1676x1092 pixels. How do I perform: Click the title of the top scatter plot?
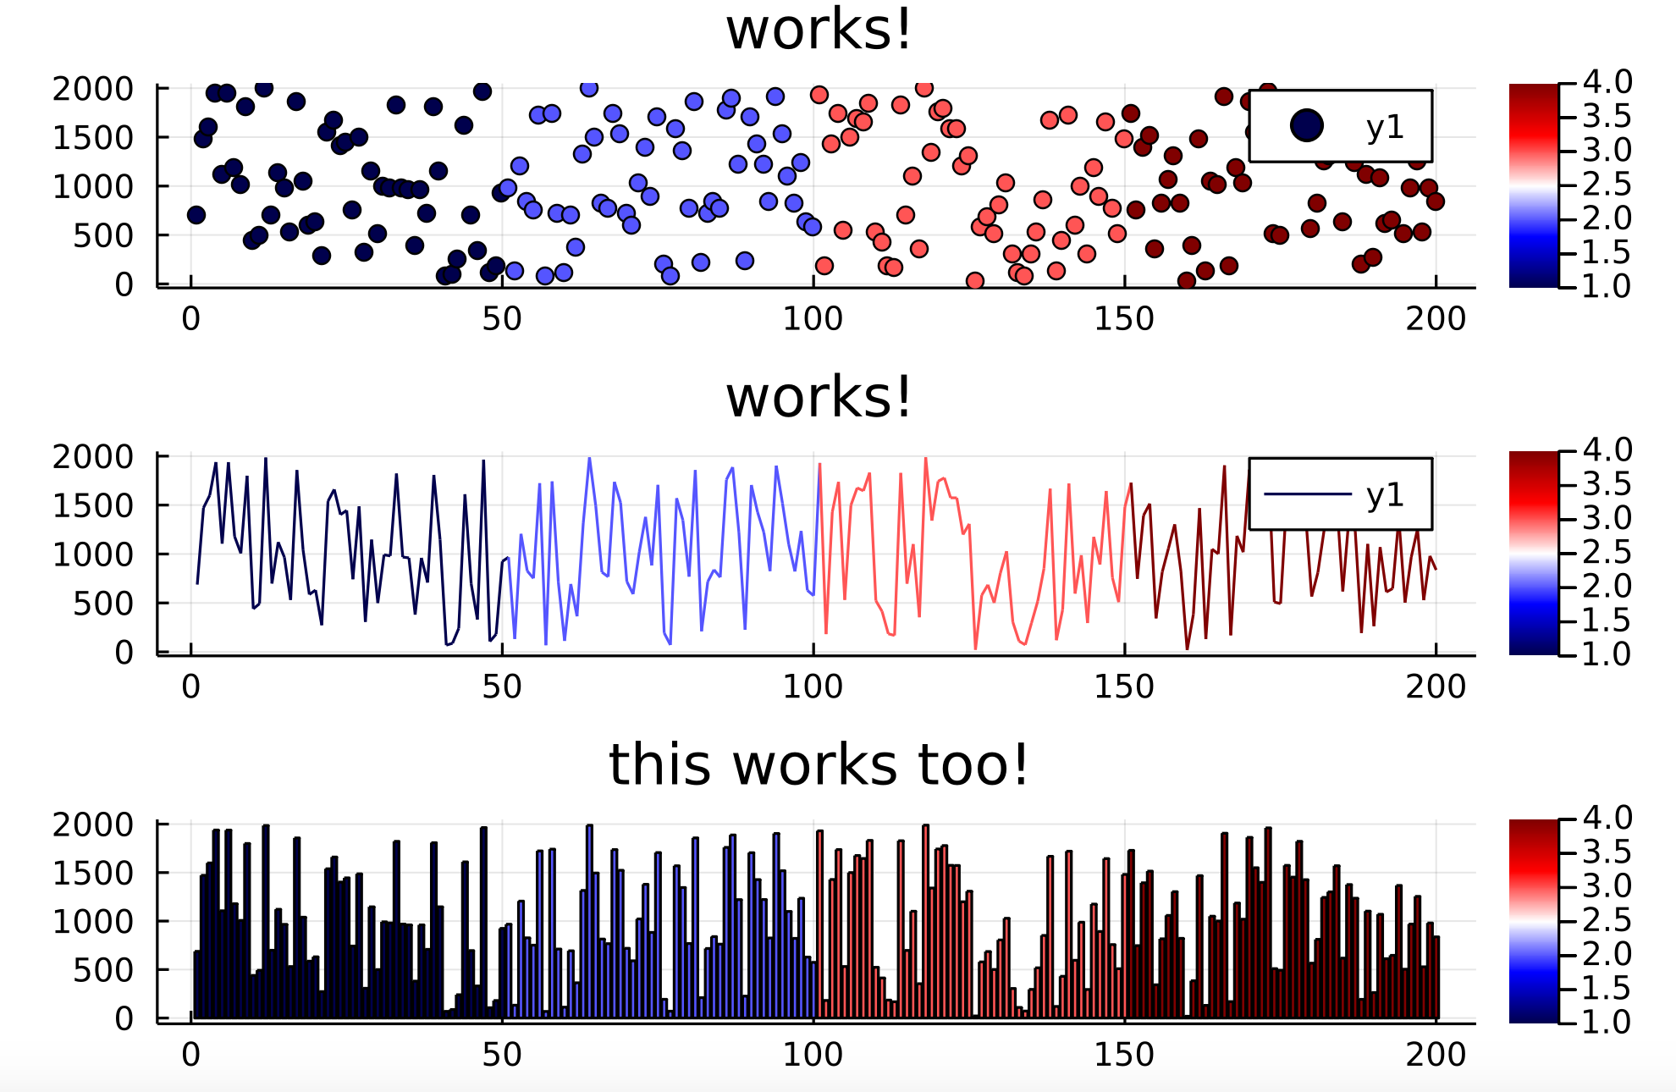(819, 30)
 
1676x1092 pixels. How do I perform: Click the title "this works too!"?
(819, 764)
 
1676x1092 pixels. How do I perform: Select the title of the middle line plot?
(819, 397)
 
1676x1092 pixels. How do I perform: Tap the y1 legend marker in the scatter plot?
(1307, 126)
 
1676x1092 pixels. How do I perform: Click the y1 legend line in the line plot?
(1307, 494)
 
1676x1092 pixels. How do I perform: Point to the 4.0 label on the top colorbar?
(1607, 82)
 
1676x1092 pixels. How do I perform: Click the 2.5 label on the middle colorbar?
(1607, 552)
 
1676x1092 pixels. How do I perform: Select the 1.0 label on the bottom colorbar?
(1607, 1022)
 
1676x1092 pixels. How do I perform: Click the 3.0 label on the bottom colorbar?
(1607, 885)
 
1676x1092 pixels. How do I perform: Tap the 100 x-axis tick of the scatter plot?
(813, 319)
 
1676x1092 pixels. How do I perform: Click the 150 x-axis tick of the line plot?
(1124, 687)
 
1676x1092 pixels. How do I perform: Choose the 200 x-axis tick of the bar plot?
(1436, 1055)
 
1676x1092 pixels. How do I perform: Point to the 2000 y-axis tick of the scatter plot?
(93, 88)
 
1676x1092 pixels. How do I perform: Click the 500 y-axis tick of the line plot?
(103, 604)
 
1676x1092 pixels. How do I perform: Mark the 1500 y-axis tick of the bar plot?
(93, 873)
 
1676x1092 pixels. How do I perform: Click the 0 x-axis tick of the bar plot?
(191, 1055)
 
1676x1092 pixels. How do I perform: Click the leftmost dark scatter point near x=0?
(196, 215)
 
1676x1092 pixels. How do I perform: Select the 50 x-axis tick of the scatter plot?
(502, 319)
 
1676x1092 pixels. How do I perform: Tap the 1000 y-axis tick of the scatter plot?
(93, 186)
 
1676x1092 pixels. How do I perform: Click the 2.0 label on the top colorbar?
(1607, 218)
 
